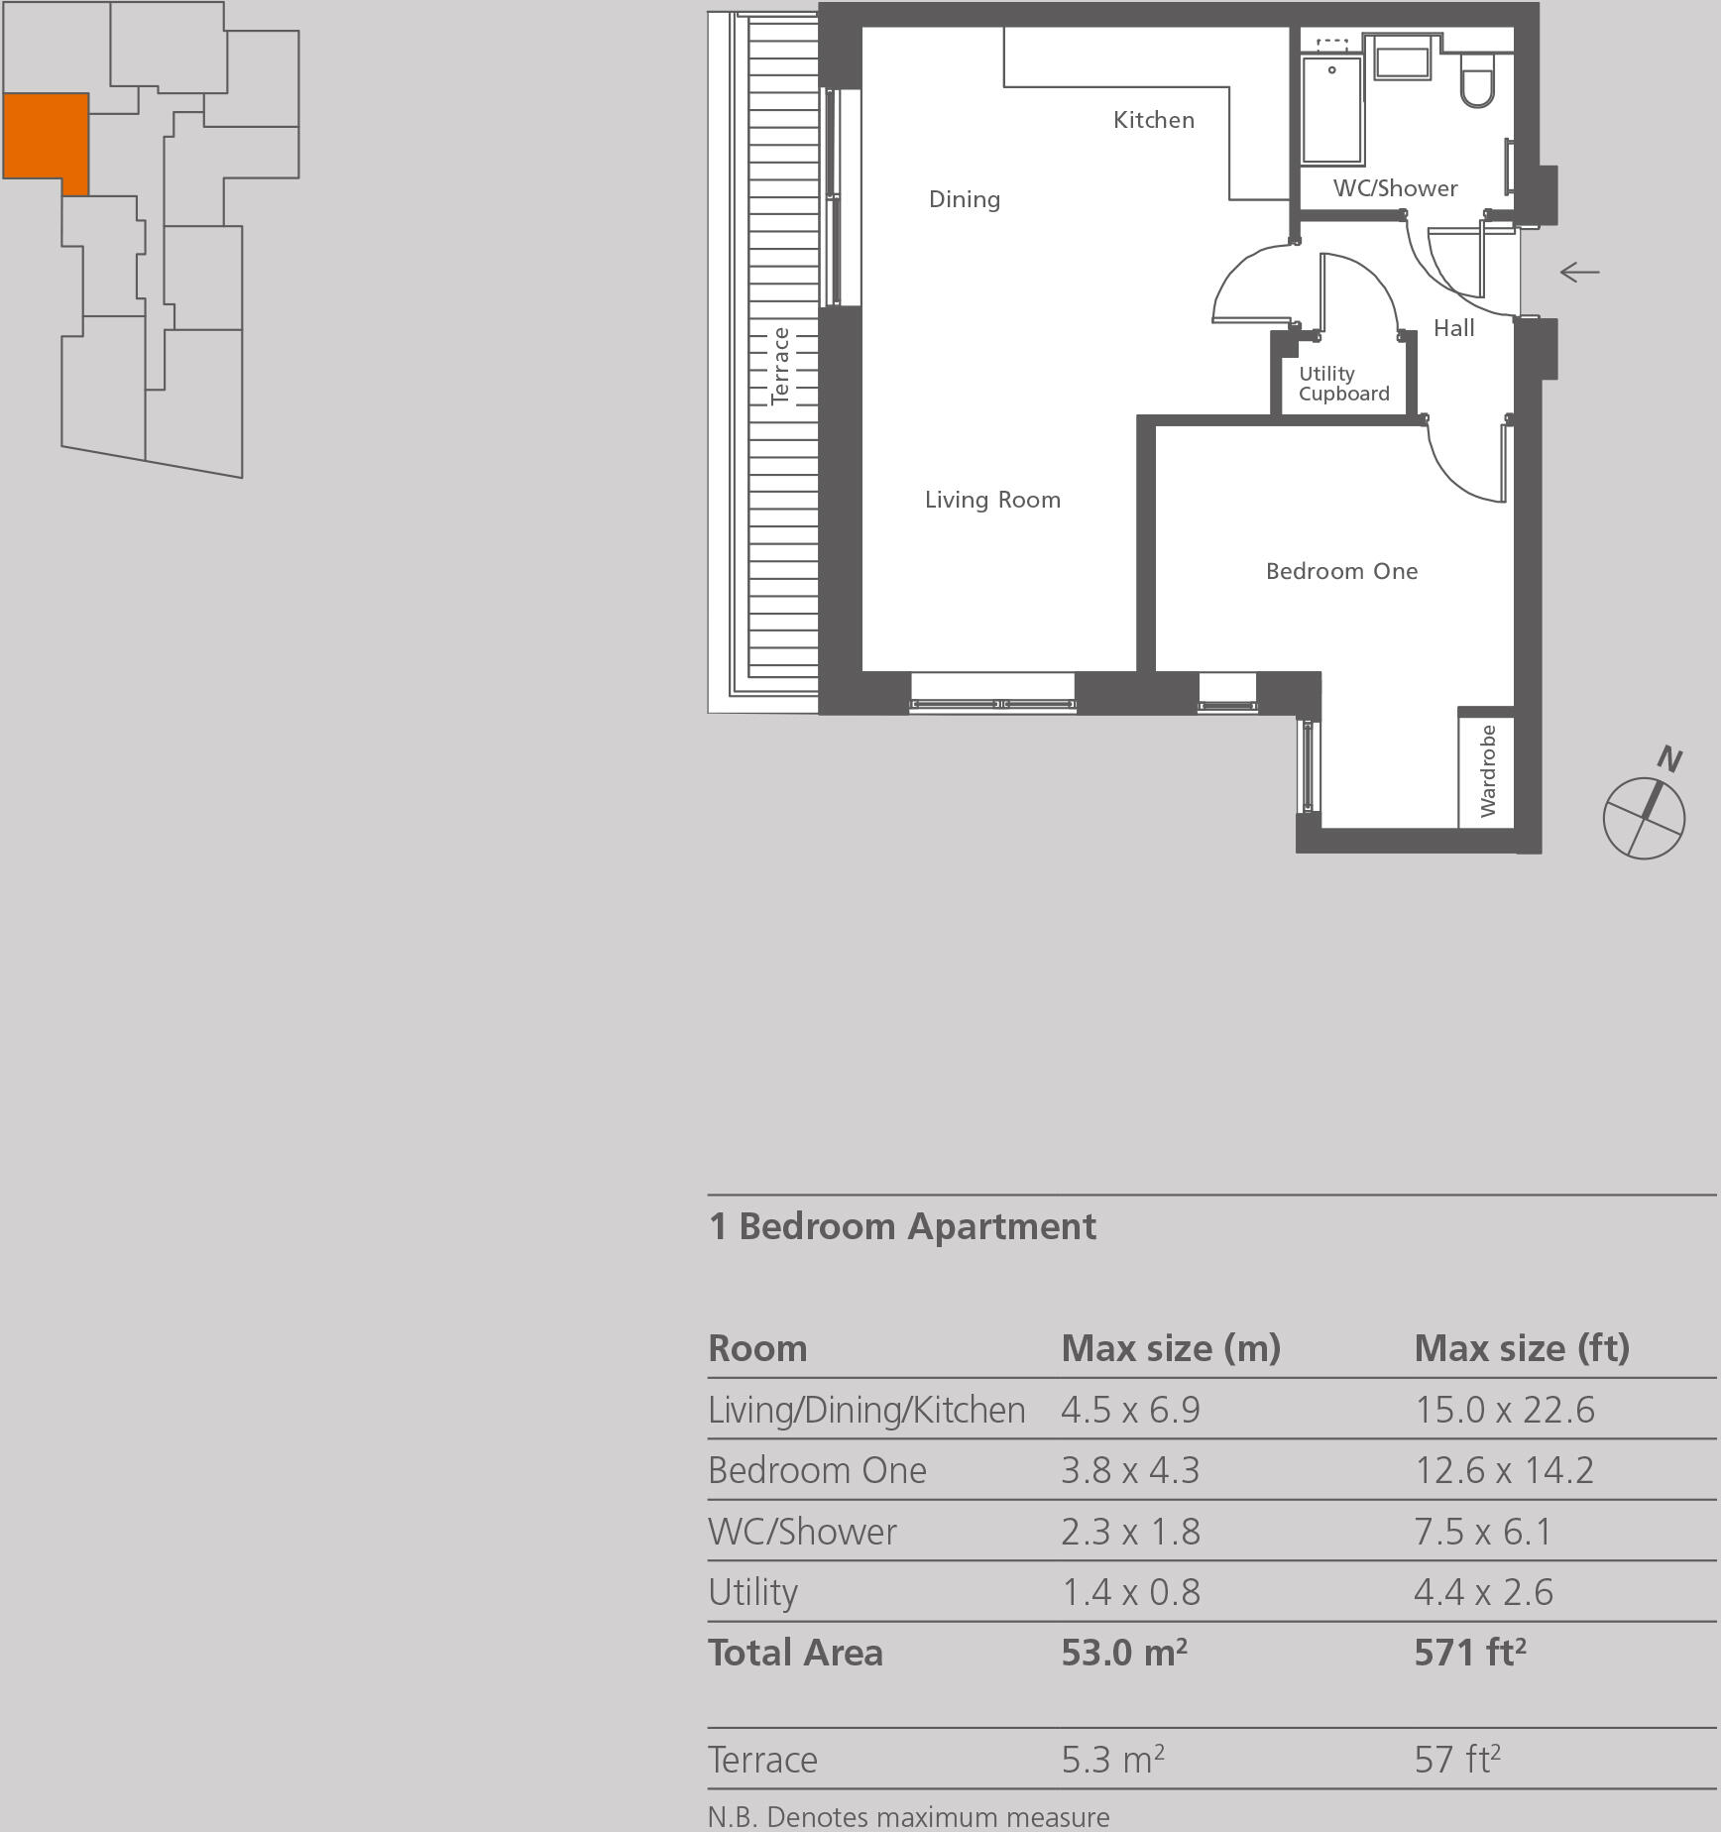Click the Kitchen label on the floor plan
(1153, 120)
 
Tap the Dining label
(964, 199)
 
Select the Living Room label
(992, 500)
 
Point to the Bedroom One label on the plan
(1341, 571)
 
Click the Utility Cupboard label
(1343, 384)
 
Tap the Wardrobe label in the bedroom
(1487, 770)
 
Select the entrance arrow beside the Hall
(1579, 272)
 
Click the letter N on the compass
(1669, 759)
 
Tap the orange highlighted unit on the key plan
(45, 136)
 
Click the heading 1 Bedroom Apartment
(902, 1226)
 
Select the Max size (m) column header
(1171, 1348)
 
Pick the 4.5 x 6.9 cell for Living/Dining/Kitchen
(1130, 1410)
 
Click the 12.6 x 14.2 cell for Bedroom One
(1504, 1470)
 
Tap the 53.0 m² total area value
(1123, 1653)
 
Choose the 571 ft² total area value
(1469, 1653)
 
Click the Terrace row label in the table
(762, 1760)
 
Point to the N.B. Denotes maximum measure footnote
(908, 1817)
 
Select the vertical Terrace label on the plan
(781, 366)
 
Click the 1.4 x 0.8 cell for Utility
(1130, 1592)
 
